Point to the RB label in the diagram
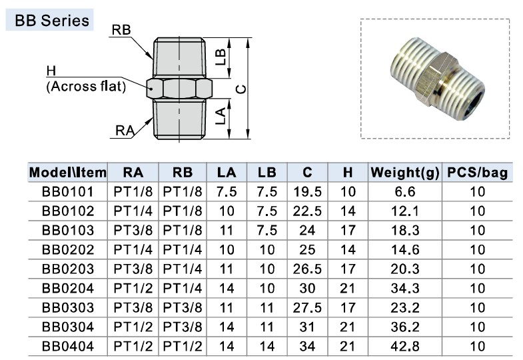121,30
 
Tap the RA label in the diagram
125,131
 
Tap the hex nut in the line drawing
179,87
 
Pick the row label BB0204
67,289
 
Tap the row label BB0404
67,347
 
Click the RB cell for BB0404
183,347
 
